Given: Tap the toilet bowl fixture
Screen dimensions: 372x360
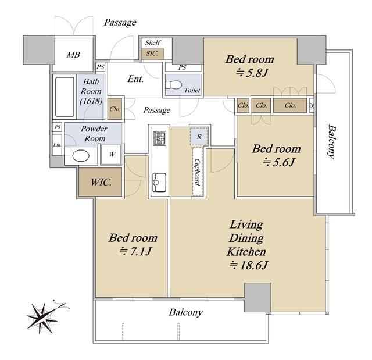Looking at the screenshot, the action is (174, 85).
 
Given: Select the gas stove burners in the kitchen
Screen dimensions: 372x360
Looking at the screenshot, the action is (160, 138).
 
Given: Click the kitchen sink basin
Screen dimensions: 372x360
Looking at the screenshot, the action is (159, 182).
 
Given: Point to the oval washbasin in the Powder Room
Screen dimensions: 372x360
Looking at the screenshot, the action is (81, 156).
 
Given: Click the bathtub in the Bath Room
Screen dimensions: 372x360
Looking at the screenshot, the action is (65, 97).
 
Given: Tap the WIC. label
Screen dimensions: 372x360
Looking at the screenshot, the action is (101, 182).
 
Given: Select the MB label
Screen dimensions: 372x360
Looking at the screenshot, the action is (73, 55).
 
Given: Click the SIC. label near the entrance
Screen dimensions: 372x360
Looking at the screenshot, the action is (152, 54).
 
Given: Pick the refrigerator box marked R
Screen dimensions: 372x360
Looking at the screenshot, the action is (199, 137).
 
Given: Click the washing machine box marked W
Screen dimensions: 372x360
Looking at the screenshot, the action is (111, 155).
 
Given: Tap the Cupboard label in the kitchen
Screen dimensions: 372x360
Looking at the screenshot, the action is (198, 172).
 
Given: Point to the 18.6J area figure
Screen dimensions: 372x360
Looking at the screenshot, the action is (248, 265).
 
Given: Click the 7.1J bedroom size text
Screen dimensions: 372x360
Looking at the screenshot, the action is (135, 251).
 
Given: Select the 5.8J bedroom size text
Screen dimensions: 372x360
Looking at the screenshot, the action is (252, 73).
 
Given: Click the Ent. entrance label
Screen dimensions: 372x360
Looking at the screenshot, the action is (135, 79).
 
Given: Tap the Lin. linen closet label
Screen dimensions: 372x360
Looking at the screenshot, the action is (57, 145).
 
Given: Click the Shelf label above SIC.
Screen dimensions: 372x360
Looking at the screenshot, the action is (153, 42).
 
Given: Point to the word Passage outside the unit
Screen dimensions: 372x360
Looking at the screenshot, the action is (120, 23).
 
